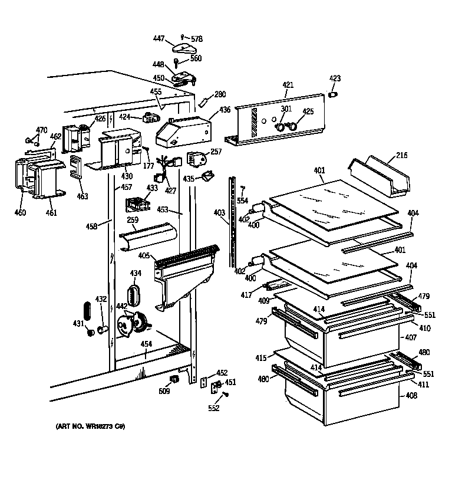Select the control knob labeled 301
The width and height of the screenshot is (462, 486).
[x=282, y=127]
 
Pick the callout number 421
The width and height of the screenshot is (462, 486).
[x=288, y=86]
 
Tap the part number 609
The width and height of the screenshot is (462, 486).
[x=164, y=391]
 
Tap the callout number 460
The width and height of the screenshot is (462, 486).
[x=20, y=212]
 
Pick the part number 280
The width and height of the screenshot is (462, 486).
[x=220, y=94]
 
